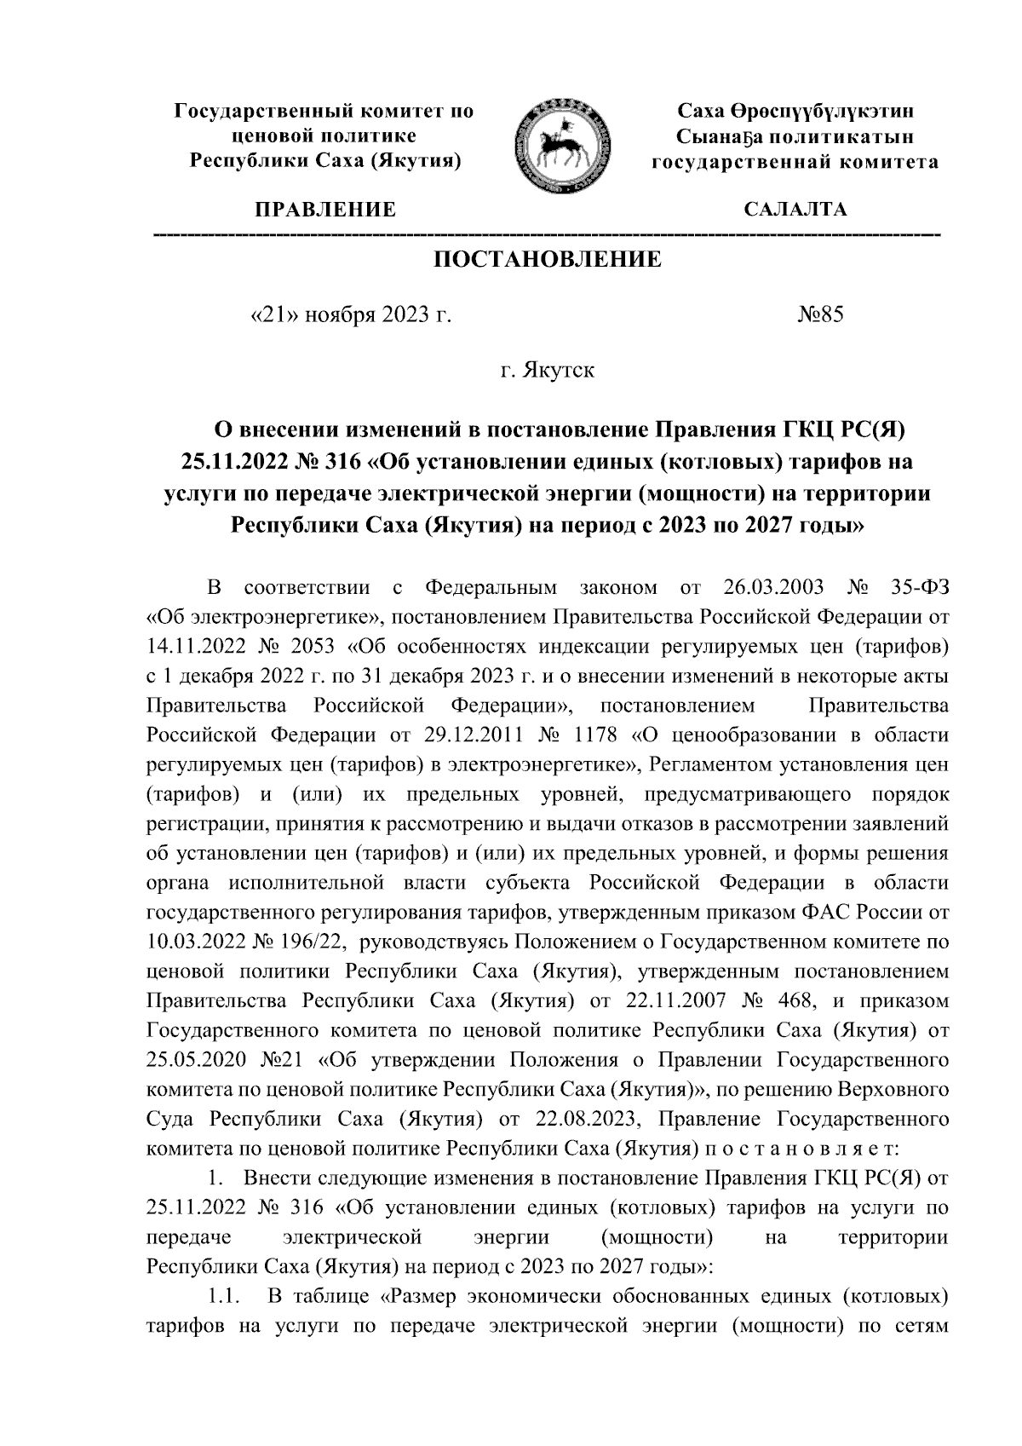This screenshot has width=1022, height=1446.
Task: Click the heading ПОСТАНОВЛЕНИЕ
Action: coord(548,259)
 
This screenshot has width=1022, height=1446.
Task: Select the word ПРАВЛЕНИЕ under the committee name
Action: coord(321,210)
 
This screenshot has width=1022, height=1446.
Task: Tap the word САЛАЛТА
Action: coord(795,210)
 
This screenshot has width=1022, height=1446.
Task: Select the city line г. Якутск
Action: coord(548,372)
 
